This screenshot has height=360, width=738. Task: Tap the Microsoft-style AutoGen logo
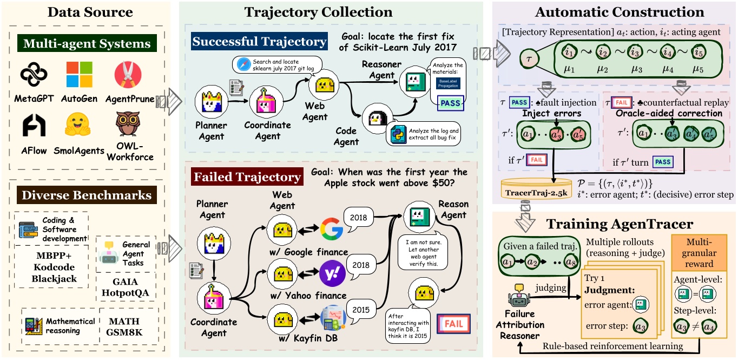tap(80, 75)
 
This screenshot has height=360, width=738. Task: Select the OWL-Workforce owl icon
tap(128, 124)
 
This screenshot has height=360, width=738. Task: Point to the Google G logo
tap(331, 229)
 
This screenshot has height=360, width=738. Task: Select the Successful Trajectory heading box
tap(259, 42)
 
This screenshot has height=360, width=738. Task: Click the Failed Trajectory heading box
tap(247, 177)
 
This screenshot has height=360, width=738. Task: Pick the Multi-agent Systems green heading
tap(87, 43)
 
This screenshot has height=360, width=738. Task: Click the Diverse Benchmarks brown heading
tap(87, 194)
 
